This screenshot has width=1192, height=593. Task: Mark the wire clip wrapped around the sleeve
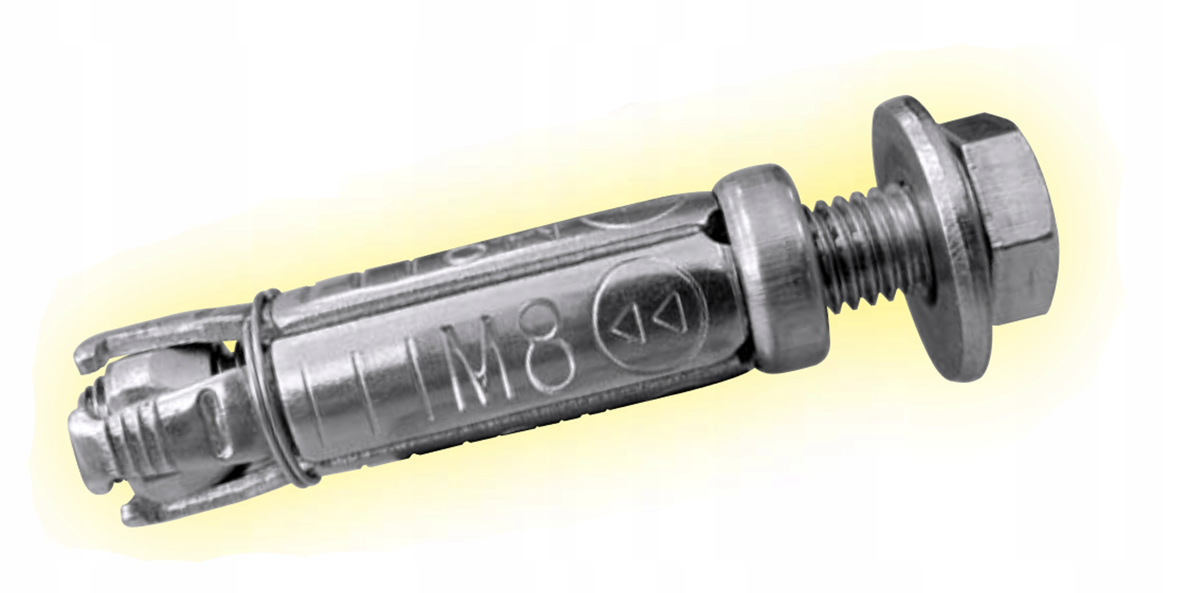point(280,402)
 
